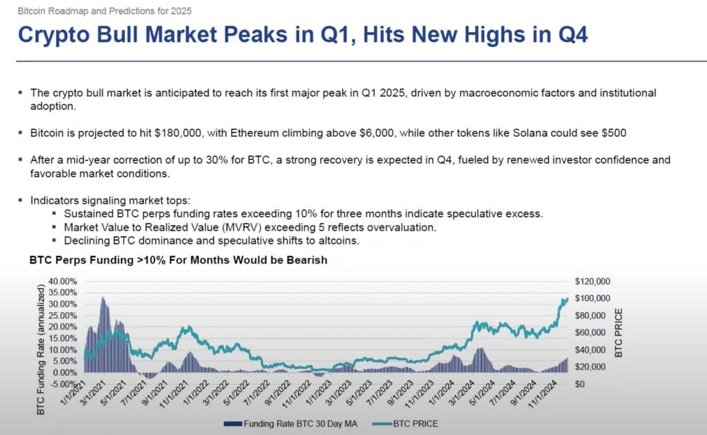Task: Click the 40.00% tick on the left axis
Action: [62, 281]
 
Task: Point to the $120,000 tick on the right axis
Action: [592, 281]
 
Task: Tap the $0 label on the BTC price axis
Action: [580, 384]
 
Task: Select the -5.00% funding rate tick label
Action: [62, 384]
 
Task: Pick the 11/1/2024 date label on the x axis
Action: [543, 394]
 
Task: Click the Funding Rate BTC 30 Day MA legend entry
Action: [291, 424]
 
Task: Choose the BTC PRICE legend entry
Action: [405, 424]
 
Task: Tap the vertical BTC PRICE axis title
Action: [619, 333]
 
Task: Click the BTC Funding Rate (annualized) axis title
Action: [41, 349]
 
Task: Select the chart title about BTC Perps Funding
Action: [178, 260]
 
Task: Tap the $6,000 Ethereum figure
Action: [377, 133]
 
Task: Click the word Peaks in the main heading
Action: [255, 35]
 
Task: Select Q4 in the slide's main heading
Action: [573, 35]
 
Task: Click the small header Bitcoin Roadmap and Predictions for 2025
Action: [105, 11]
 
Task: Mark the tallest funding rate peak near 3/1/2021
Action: [104, 298]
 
